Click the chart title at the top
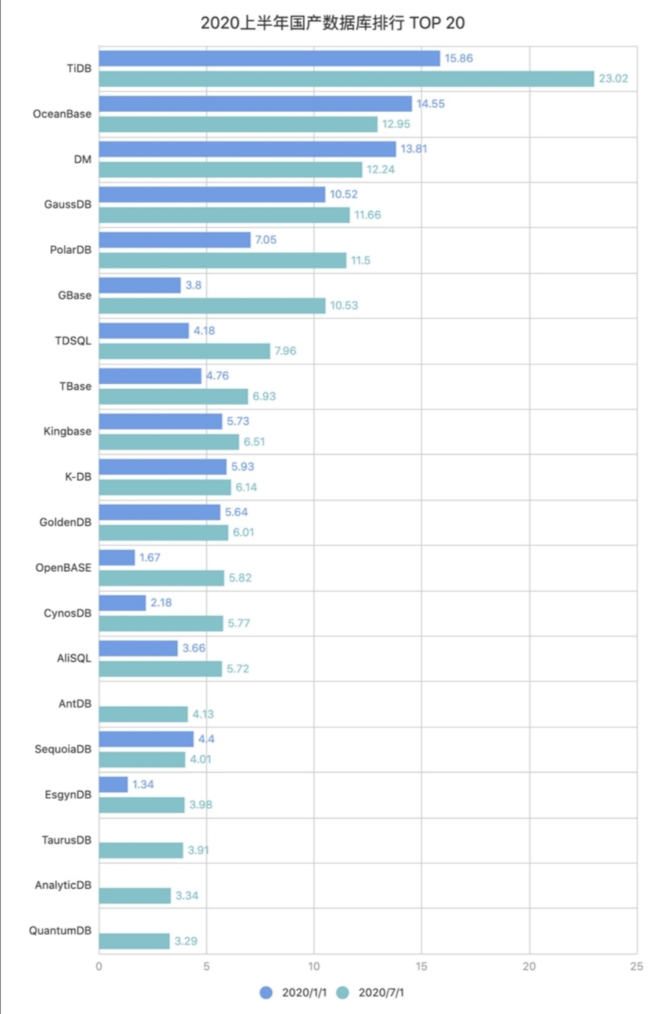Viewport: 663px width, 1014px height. pos(332,23)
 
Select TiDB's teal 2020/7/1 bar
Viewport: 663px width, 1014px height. pos(346,79)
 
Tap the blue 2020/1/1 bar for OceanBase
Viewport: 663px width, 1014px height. pos(255,104)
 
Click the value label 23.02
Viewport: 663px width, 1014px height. pos(613,79)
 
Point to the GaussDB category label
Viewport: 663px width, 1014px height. pos(68,204)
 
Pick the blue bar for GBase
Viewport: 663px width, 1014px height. pos(140,285)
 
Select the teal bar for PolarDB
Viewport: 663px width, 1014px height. pos(222,260)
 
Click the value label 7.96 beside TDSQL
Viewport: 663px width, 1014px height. pos(285,351)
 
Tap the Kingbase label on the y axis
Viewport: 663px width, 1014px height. pos(68,432)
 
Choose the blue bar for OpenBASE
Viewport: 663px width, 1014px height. pos(117,557)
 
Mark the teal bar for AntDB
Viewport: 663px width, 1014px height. pos(143,714)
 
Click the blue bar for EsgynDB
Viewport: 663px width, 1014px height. pos(114,784)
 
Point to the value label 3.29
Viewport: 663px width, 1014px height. pos(185,941)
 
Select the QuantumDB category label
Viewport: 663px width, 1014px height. pos(60,931)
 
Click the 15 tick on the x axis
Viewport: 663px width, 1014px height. pos(421,967)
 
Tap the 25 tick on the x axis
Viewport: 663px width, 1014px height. pos(637,967)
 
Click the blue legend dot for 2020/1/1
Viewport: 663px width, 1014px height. pos(266,993)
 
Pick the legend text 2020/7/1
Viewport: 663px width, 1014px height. pos(381,993)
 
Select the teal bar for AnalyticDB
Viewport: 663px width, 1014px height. pos(135,896)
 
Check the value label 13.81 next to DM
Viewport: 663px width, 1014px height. pos(414,149)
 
